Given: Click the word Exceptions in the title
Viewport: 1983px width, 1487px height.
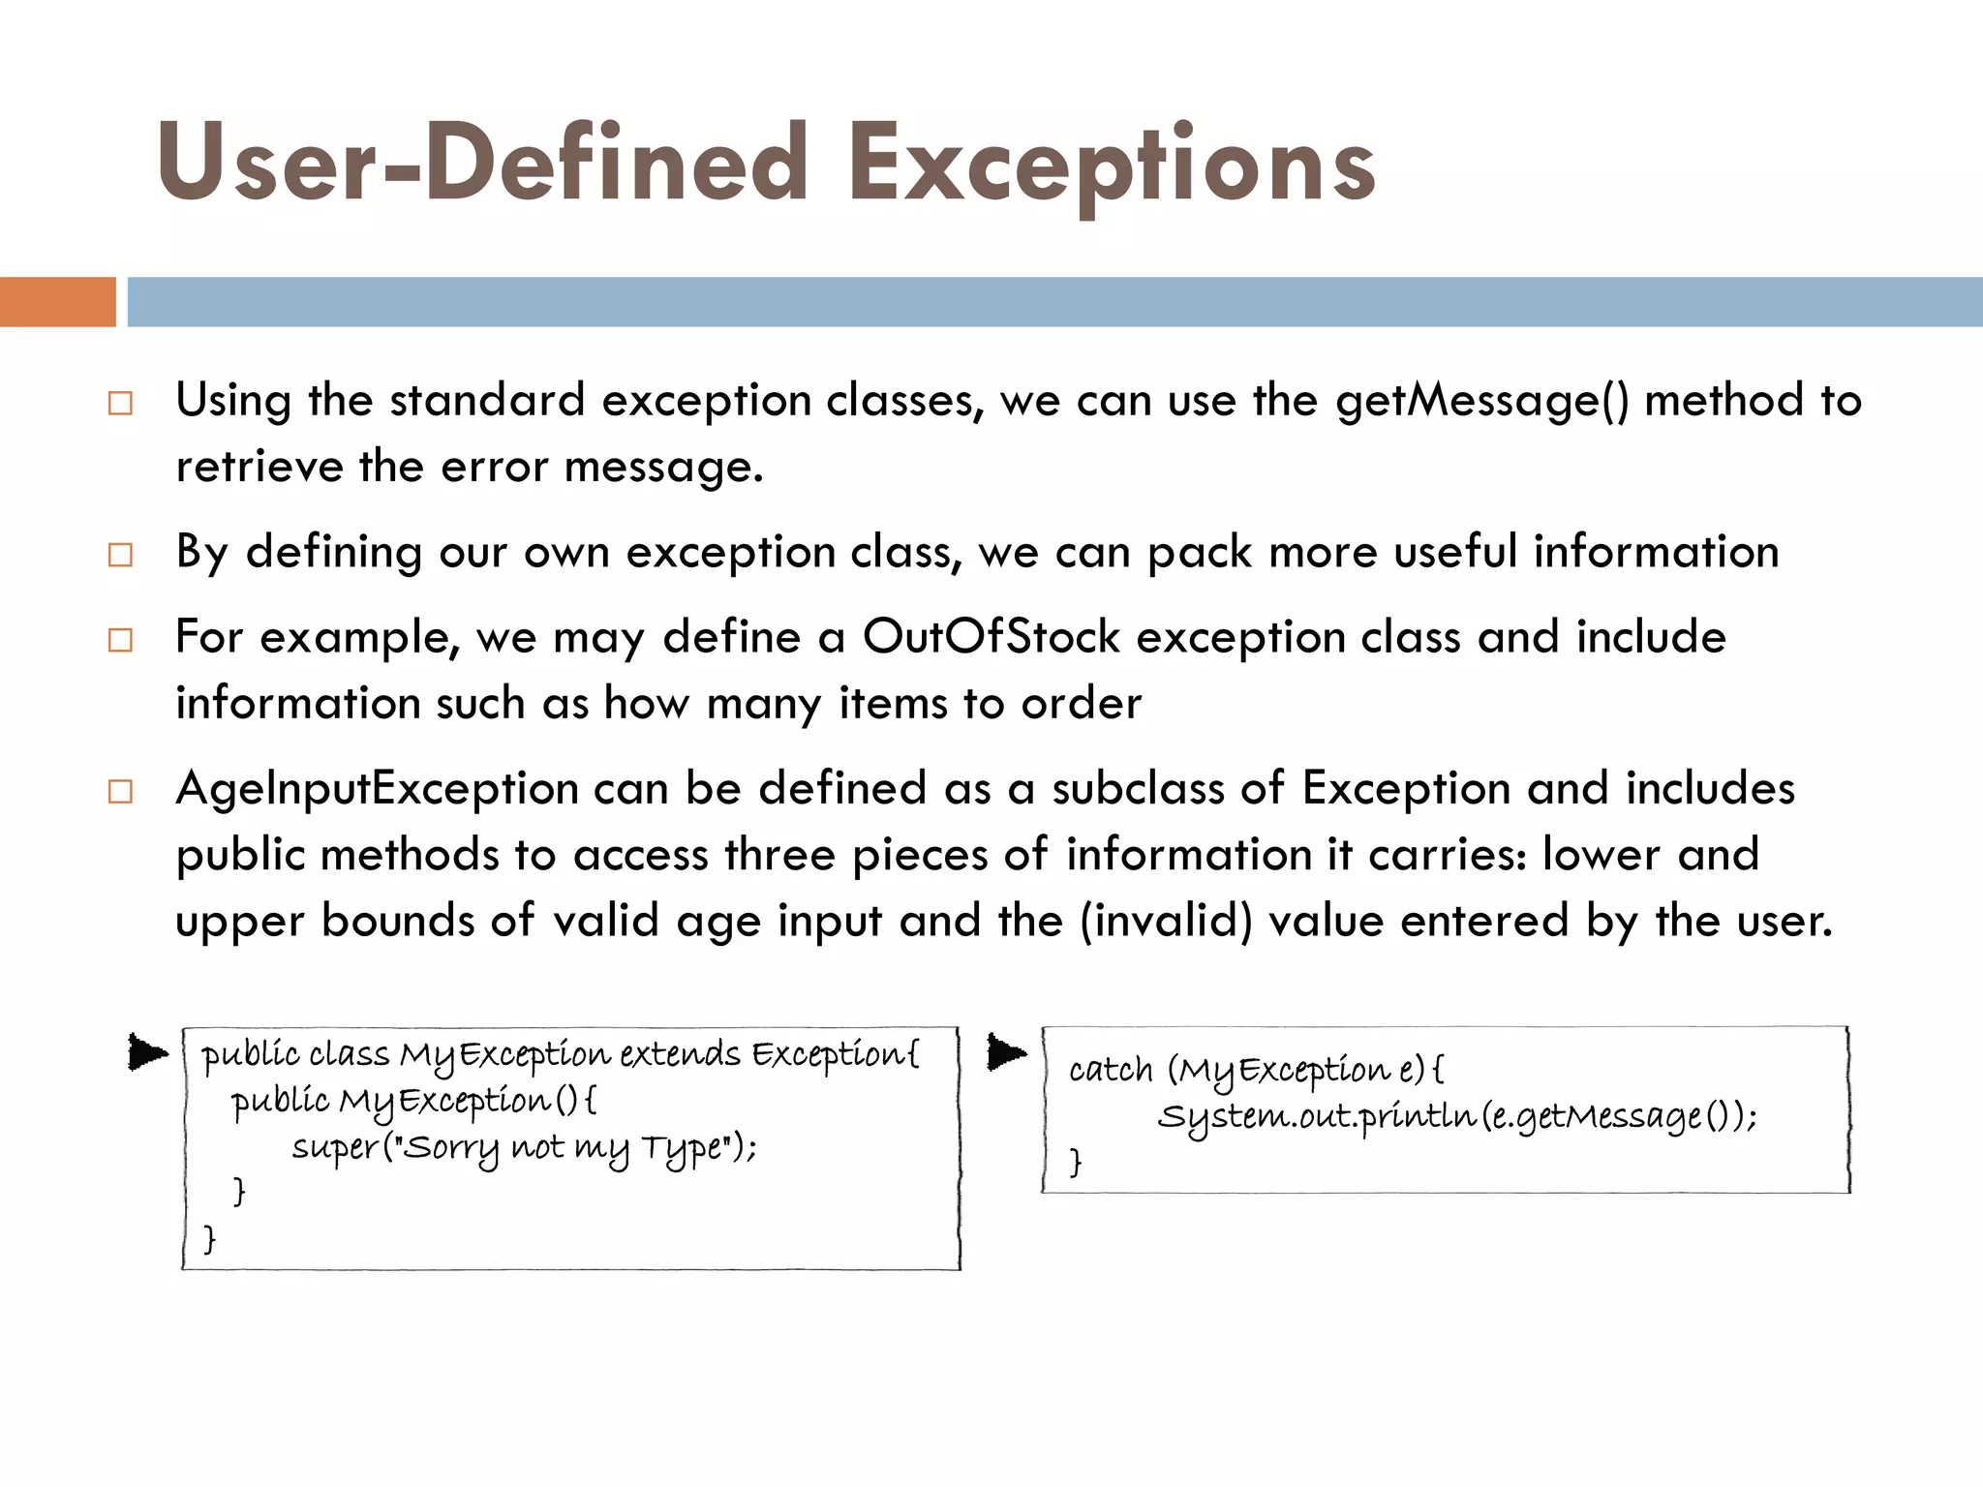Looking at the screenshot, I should coord(1112,165).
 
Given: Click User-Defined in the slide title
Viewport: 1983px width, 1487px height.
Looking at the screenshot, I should coord(482,163).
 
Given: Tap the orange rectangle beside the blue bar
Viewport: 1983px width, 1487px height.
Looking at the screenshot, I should coord(57,302).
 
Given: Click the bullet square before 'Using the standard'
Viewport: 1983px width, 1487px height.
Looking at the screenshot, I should coord(120,403).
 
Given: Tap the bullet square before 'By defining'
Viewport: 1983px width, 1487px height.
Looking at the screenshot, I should coord(120,555).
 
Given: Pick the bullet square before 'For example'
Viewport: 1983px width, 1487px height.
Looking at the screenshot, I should coord(120,640).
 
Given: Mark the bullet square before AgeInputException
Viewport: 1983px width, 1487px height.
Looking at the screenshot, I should coord(120,791).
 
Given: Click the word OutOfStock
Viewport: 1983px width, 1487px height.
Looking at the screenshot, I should coord(991,638).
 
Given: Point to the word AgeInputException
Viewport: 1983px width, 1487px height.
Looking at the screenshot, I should coord(377,789).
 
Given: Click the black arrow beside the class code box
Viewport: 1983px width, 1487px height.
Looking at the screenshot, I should coord(148,1052).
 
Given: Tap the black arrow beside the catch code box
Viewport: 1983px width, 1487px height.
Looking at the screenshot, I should coord(1007,1052).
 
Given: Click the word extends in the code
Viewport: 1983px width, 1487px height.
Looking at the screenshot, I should coord(680,1054).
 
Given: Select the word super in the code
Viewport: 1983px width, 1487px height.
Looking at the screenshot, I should coord(335,1148).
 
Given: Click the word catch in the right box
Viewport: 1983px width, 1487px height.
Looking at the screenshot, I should coord(1111,1071).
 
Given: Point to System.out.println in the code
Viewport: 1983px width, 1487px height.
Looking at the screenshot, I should coord(1318,1117).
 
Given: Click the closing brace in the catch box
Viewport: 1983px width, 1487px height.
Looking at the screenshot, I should coord(1075,1161).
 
